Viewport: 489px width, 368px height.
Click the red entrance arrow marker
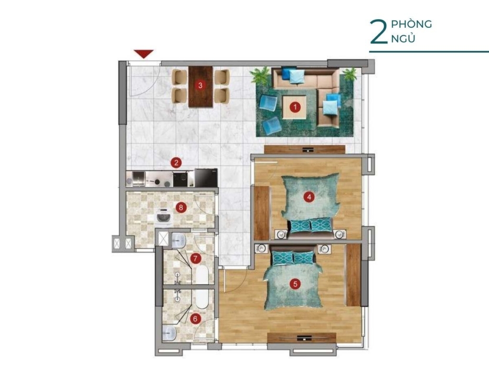(x=144, y=53)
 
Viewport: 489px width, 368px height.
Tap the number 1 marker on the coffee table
(x=295, y=107)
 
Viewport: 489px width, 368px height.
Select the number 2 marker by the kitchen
(x=176, y=162)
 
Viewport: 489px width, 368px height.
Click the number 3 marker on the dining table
(x=200, y=85)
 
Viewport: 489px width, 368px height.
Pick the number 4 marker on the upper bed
(x=309, y=197)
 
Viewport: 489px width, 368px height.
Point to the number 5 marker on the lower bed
(x=295, y=284)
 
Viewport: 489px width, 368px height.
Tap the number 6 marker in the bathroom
(x=195, y=319)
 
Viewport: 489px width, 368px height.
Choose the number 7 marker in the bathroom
(x=195, y=258)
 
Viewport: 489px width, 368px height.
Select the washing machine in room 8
(x=164, y=216)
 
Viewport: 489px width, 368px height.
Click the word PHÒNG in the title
(x=411, y=24)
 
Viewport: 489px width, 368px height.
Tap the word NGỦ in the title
(x=403, y=38)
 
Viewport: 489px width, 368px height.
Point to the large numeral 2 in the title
(x=379, y=32)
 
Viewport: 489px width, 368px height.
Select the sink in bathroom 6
(x=170, y=333)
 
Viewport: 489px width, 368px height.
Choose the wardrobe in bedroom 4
(x=261, y=212)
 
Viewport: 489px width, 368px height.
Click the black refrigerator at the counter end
(x=206, y=178)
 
